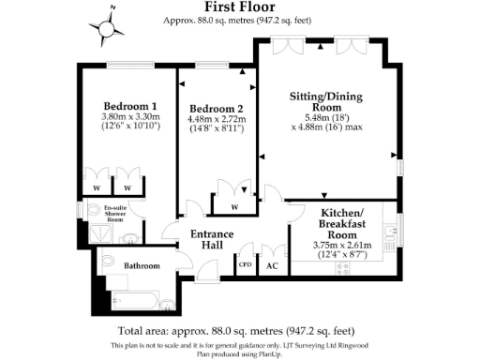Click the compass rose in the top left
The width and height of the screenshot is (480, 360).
click(111, 25)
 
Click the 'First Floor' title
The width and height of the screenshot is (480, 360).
click(246, 7)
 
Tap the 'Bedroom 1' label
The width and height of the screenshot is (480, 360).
click(128, 106)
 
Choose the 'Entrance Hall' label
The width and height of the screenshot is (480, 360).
click(205, 239)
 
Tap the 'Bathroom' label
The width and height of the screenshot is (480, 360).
click(142, 266)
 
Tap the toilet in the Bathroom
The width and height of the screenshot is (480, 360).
click(106, 263)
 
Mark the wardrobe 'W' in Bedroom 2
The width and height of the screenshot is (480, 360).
click(233, 206)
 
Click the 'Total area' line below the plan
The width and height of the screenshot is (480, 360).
click(236, 331)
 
